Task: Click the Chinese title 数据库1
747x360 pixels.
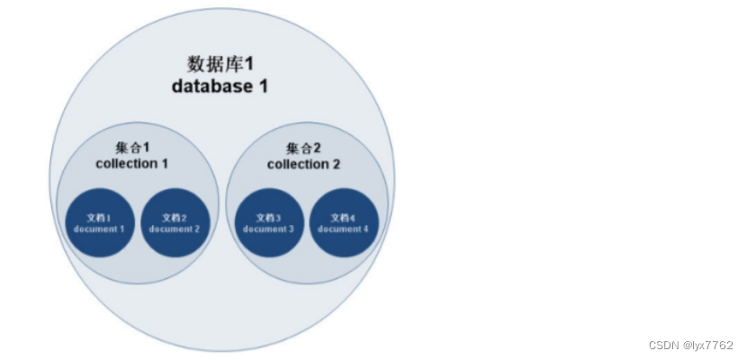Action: click(220, 64)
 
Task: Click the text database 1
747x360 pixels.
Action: click(220, 86)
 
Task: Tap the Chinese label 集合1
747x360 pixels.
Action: click(132, 148)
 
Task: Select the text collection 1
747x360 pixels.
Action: click(132, 164)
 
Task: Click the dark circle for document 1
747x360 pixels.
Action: click(99, 223)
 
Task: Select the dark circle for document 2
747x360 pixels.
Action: click(175, 223)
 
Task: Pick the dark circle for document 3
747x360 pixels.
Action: click(268, 223)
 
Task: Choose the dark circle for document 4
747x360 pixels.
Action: click(344, 223)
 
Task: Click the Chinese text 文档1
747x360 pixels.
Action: click(99, 218)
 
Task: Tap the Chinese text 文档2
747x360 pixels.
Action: click(175, 218)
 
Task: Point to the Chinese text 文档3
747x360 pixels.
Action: click(268, 218)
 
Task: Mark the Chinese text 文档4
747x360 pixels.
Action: click(344, 218)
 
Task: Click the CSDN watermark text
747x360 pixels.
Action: click(662, 346)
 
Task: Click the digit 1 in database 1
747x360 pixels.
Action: click(263, 86)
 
